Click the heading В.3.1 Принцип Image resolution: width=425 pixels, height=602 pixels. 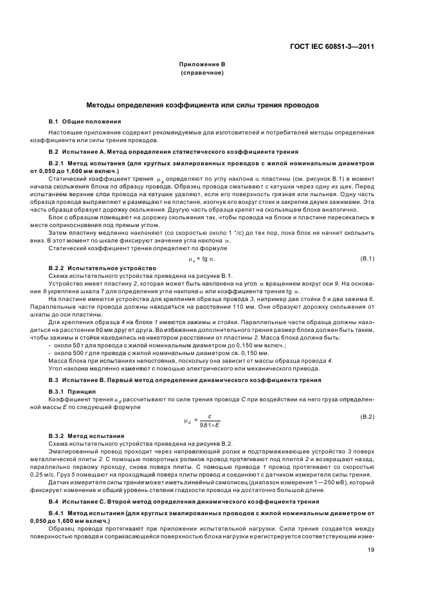tap(72, 392)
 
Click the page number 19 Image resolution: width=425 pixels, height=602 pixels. tap(370, 549)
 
